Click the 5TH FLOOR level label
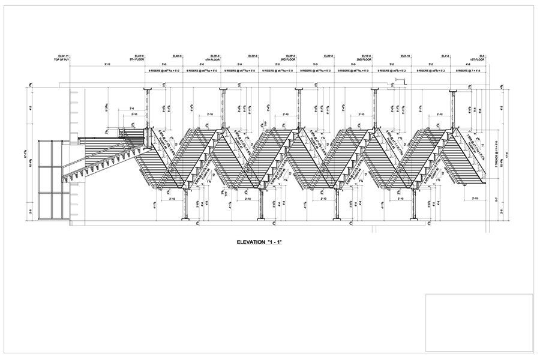[x=137, y=60]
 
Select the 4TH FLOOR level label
[x=212, y=60]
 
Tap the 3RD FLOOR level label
[x=288, y=60]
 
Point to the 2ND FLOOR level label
[x=363, y=60]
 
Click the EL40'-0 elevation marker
[x=176, y=56]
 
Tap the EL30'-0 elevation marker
[x=251, y=56]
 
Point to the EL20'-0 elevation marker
[x=328, y=56]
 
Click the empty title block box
[x=479, y=322]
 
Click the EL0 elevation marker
[x=482, y=56]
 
